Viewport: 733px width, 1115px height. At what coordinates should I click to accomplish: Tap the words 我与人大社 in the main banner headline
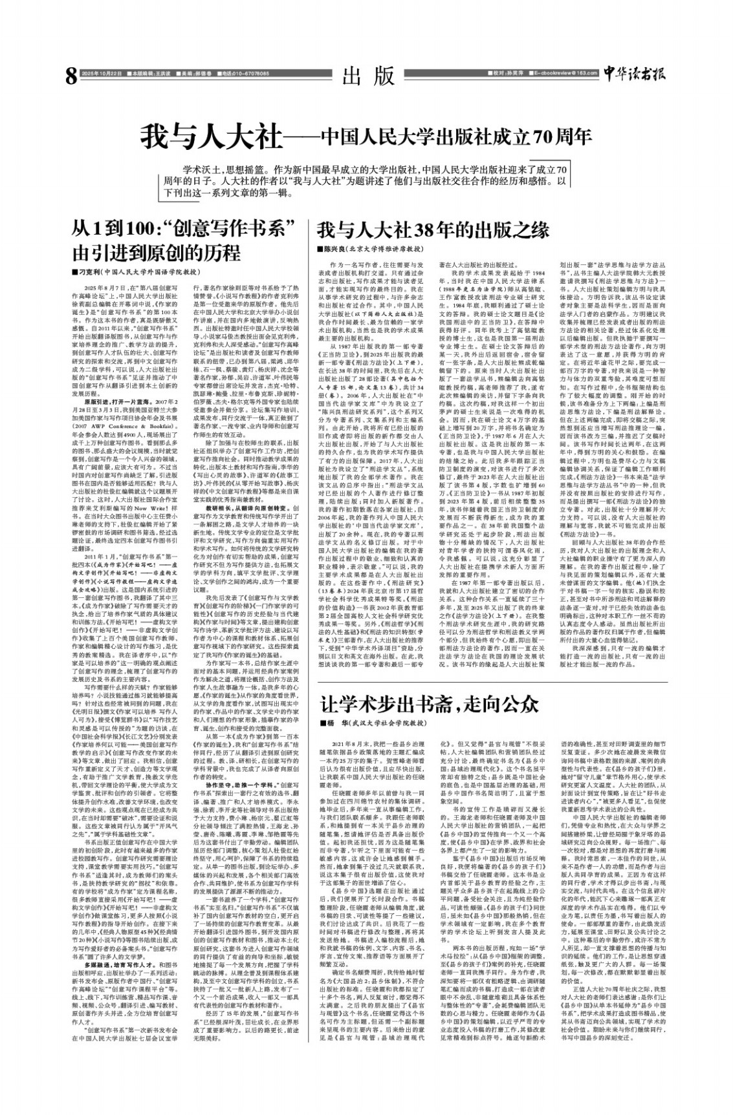213,136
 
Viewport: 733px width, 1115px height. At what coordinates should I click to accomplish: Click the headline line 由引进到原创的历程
155,251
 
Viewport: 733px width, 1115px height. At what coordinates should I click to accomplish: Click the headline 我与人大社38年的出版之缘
433,230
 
